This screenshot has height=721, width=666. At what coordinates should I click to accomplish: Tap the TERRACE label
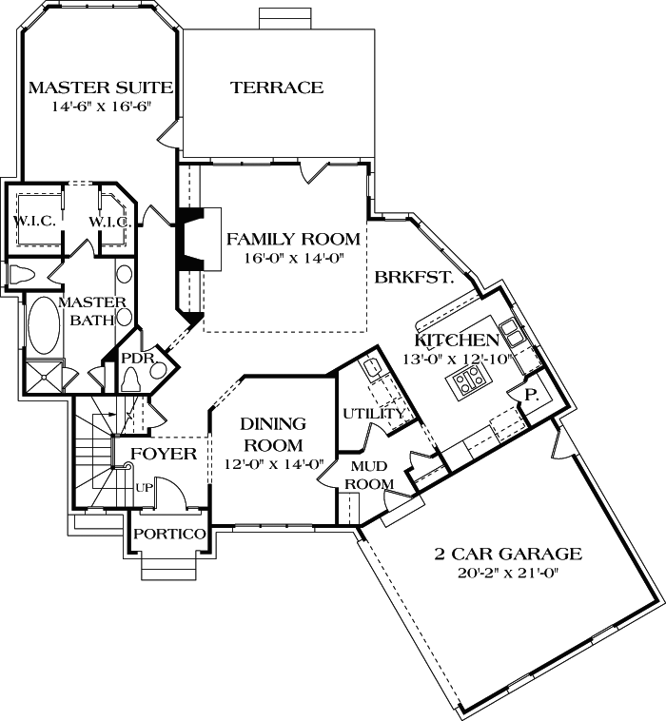(277, 88)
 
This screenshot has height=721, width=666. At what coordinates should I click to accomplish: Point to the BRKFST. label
(412, 279)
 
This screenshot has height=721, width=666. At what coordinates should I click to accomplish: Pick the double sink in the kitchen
(512, 332)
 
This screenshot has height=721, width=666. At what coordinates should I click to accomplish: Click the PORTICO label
(168, 535)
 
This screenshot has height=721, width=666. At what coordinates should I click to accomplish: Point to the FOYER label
(163, 454)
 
